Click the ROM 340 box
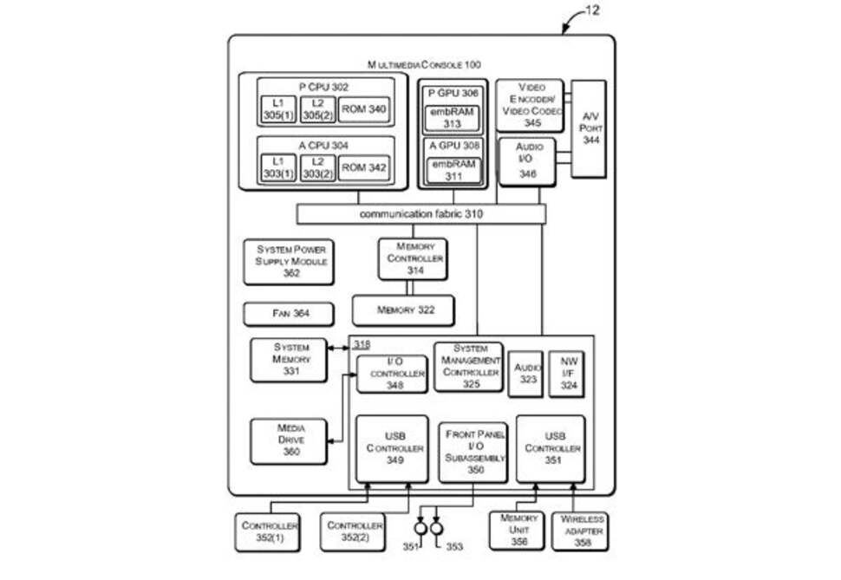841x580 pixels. (363, 109)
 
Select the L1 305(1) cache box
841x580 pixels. (278, 109)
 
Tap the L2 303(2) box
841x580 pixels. (317, 168)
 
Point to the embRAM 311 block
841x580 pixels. (452, 170)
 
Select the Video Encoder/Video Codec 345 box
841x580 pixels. (530, 106)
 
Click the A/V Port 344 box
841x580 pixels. (590, 128)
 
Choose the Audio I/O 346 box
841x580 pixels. (527, 161)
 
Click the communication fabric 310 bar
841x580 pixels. (421, 214)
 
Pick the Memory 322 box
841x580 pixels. (405, 310)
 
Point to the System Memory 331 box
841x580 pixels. (290, 360)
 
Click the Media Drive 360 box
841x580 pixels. (290, 440)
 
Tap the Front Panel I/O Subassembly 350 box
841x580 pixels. (475, 450)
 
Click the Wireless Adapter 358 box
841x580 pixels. (581, 531)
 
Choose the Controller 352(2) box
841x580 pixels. (355, 531)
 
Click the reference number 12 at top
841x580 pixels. (591, 11)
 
